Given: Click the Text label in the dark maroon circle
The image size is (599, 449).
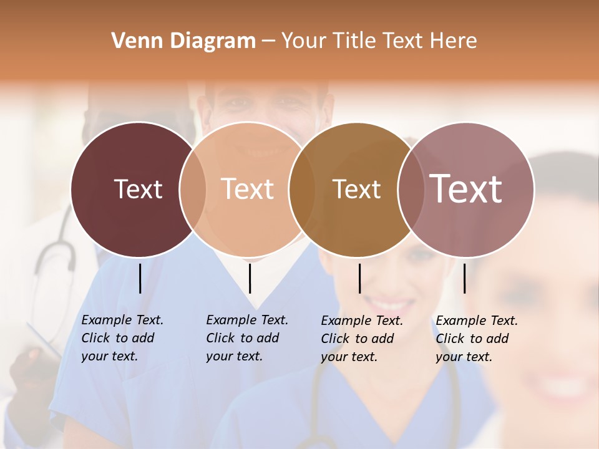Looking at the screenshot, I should pos(138,189).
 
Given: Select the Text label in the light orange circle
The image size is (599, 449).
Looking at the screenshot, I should pos(247,189).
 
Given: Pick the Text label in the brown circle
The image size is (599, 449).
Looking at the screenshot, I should pos(356,189).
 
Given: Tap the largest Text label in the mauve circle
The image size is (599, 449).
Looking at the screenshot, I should pos(466,189).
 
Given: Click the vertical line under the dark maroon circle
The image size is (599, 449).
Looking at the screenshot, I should pos(140,278).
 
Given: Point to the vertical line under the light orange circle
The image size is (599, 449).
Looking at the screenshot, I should pos(250,278).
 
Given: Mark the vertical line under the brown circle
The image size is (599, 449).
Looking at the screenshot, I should pos(359,278).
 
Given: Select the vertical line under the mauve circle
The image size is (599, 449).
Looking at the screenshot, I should pos(465,278).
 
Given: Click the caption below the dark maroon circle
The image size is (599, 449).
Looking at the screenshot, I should pos(122,338).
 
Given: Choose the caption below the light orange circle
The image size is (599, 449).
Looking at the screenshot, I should pos(247,338).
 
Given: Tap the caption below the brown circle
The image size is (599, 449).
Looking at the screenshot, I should pos(362,339).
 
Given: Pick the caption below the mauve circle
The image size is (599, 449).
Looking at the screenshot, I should pos(477,339).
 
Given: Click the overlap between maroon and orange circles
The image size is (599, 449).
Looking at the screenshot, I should pos(192,189).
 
